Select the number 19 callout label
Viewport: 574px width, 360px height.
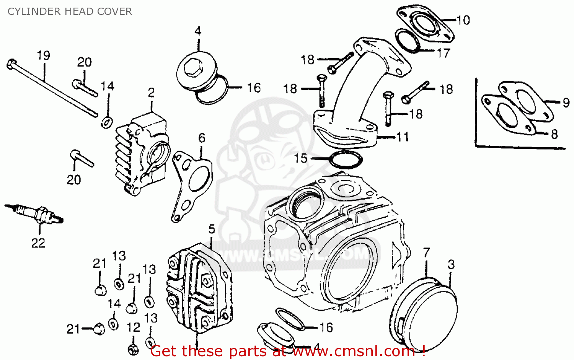point(44,55)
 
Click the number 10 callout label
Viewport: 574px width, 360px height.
point(463,20)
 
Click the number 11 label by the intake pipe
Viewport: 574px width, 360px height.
point(403,137)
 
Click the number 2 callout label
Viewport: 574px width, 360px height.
point(152,93)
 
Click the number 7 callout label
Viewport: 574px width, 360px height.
point(427,252)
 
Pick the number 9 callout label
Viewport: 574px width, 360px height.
point(566,103)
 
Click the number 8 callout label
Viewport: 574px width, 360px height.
point(554,134)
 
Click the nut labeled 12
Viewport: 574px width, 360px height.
point(133,349)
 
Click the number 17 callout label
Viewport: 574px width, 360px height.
point(444,53)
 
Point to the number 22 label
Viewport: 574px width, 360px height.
point(38,243)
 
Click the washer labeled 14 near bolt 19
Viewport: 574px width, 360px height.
point(106,122)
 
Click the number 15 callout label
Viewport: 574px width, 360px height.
point(301,158)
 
